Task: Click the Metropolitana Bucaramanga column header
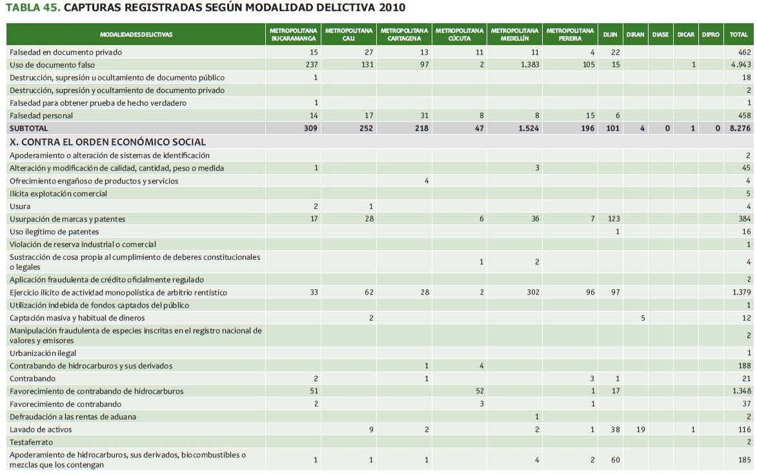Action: (293, 34)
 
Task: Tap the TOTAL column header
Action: (738, 34)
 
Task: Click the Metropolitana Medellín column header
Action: (514, 34)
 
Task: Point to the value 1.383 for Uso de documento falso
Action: (529, 64)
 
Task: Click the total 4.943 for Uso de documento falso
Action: (740, 64)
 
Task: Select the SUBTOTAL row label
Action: (28, 128)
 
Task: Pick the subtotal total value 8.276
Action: (740, 128)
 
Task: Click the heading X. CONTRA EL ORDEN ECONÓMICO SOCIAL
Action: (107, 142)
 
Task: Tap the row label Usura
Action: (19, 206)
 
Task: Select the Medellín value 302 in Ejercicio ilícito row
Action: (532, 293)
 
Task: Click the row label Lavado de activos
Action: (41, 430)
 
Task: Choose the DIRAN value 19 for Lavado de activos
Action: (640, 430)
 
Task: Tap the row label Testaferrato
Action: (31, 442)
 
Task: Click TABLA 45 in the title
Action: (32, 8)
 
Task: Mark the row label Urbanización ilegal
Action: (43, 353)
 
